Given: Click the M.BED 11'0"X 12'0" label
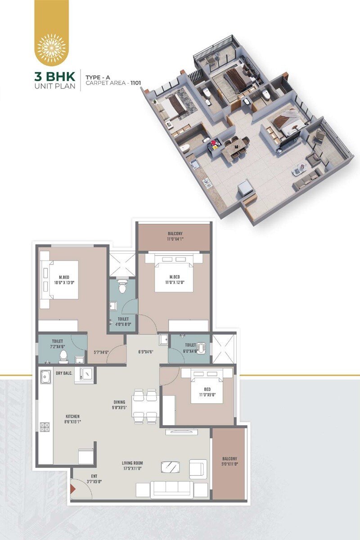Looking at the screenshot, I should click(174, 280).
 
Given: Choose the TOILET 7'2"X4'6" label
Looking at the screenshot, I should click(58, 344).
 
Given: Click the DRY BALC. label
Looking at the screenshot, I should click(64, 373).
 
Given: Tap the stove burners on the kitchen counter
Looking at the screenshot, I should click(45, 427).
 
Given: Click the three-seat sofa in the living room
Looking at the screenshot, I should click(172, 489).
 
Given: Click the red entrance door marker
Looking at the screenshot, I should click(72, 488).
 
